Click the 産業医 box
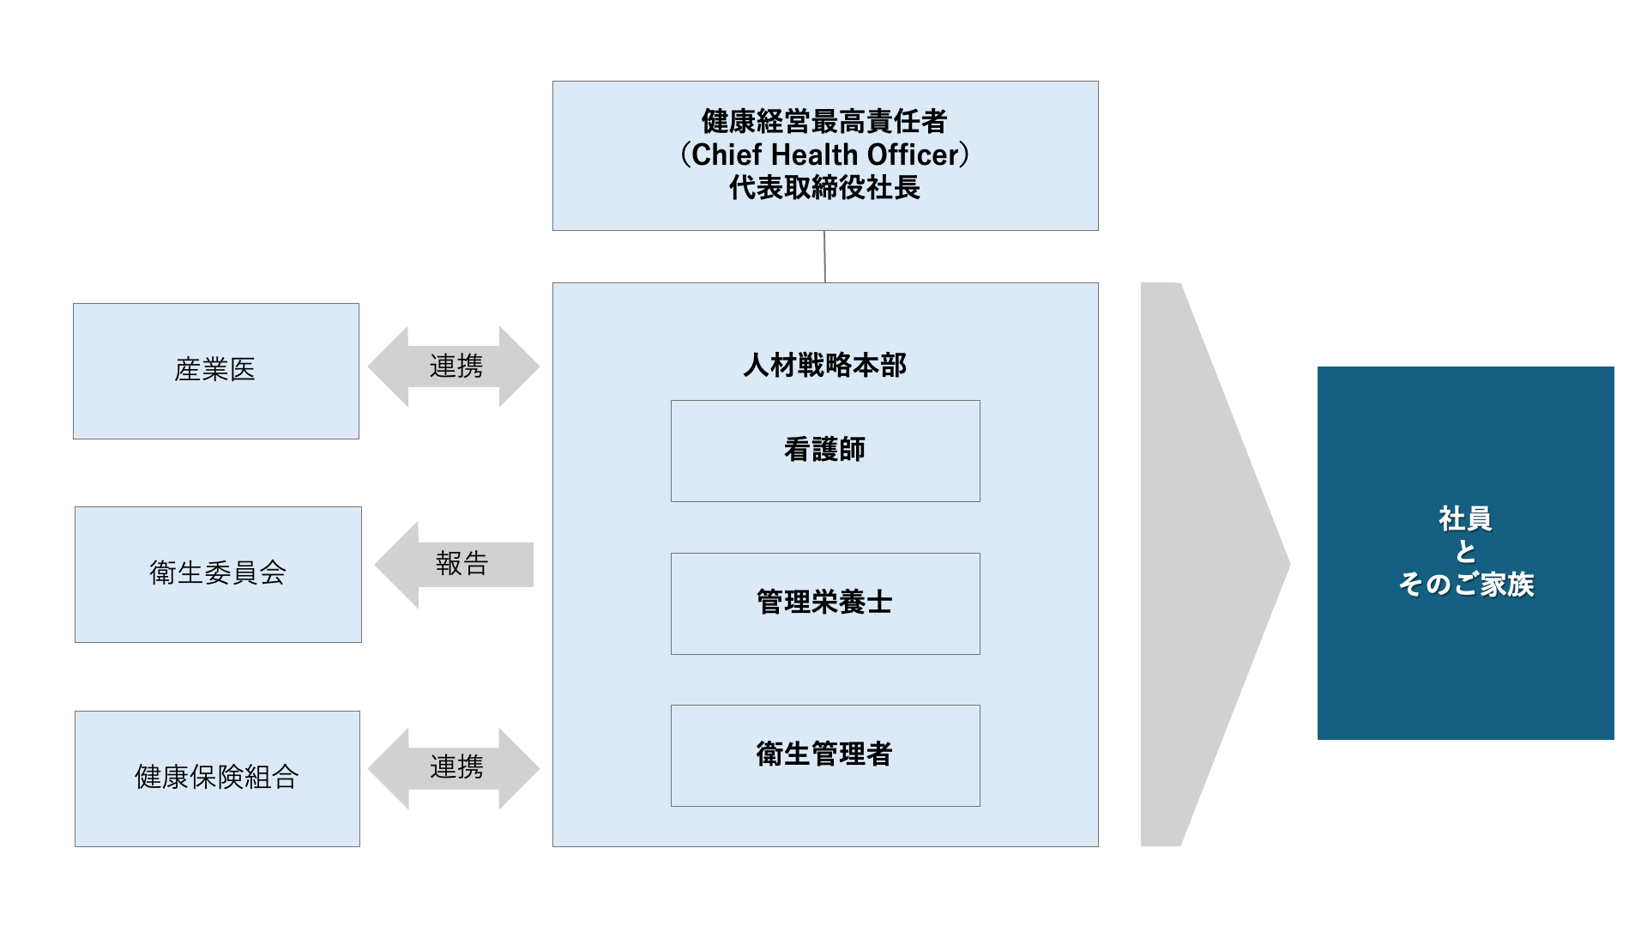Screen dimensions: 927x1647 coord(215,371)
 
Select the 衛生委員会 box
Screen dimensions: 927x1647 coord(218,574)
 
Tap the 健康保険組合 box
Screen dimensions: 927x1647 coord(217,779)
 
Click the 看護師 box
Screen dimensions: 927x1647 coord(824,451)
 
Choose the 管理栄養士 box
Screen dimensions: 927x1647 coord(824,603)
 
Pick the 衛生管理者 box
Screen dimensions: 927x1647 coord(824,755)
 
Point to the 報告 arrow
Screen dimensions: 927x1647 coord(455,565)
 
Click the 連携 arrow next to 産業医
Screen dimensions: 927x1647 coord(454,367)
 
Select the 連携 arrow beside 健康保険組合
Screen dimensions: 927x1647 coord(454,767)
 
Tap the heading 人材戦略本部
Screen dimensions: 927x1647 coord(824,366)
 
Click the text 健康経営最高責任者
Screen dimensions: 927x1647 coord(823,122)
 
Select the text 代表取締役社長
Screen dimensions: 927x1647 coord(824,188)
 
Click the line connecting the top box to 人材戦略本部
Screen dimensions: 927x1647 coord(824,257)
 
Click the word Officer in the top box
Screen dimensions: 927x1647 coord(913,155)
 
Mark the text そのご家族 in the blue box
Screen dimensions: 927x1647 coord(1466,585)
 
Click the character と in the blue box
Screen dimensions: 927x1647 coord(1465,552)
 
